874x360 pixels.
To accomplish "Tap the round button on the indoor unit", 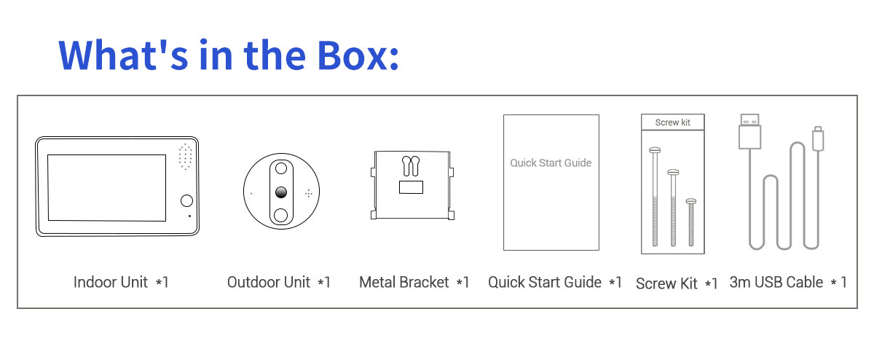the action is [x=187, y=200].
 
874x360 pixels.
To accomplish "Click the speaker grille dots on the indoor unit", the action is [x=185, y=157].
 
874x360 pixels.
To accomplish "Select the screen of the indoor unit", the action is [x=107, y=188].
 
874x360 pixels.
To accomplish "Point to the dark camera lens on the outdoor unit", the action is [x=281, y=192].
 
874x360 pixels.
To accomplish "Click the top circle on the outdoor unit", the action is [x=281, y=168].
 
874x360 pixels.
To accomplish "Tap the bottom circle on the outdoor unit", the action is [x=281, y=215].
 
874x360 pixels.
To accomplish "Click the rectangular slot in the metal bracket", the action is [x=411, y=187].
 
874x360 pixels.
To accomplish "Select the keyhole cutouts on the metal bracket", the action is [x=411, y=166].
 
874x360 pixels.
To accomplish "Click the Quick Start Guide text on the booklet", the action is [x=551, y=163].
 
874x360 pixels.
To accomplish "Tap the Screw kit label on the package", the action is [x=673, y=122].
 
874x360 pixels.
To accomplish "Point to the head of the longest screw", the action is [x=655, y=150].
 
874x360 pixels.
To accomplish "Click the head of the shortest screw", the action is [x=691, y=201].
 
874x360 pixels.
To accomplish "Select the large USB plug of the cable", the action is [x=749, y=131].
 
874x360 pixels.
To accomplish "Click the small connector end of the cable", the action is [x=818, y=138].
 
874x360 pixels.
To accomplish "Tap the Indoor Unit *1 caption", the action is [x=121, y=282].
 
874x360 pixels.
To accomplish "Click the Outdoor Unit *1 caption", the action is [x=278, y=282].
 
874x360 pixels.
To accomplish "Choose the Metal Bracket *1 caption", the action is [x=414, y=282].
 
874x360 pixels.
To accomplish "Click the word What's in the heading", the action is [x=124, y=55].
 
